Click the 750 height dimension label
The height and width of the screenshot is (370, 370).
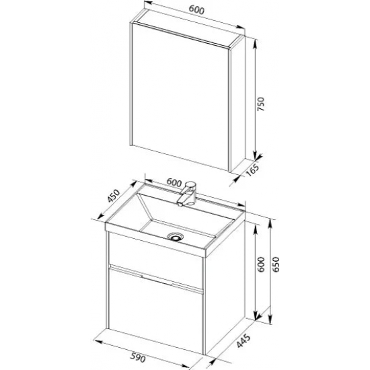(261, 104)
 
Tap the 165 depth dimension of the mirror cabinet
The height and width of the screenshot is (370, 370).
(252, 170)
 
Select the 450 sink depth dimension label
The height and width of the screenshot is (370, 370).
(114, 196)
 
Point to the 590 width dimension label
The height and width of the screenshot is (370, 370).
(137, 358)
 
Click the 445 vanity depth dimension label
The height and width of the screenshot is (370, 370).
(244, 341)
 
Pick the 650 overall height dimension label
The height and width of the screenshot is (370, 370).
(275, 264)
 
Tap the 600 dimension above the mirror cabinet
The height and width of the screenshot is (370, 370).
(196, 10)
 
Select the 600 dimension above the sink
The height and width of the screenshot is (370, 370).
(174, 182)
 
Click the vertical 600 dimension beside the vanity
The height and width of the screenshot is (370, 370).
(261, 264)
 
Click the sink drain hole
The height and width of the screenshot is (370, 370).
(175, 236)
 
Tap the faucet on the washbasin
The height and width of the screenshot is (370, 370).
(187, 194)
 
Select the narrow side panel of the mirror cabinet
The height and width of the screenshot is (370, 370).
(238, 104)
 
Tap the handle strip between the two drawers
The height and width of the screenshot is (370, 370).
(156, 279)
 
